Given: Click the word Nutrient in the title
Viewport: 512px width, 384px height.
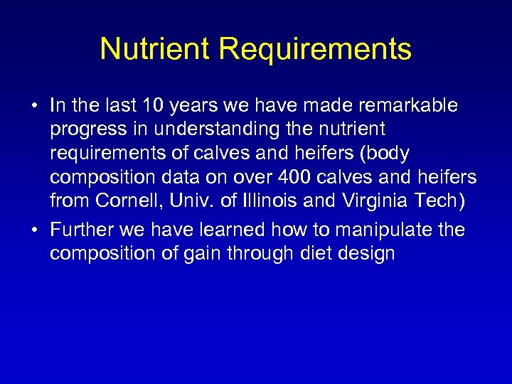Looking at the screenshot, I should [155, 49].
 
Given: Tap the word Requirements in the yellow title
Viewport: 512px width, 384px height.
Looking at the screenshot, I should [315, 50].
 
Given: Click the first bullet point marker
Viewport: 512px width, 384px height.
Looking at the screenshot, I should [34, 107].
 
